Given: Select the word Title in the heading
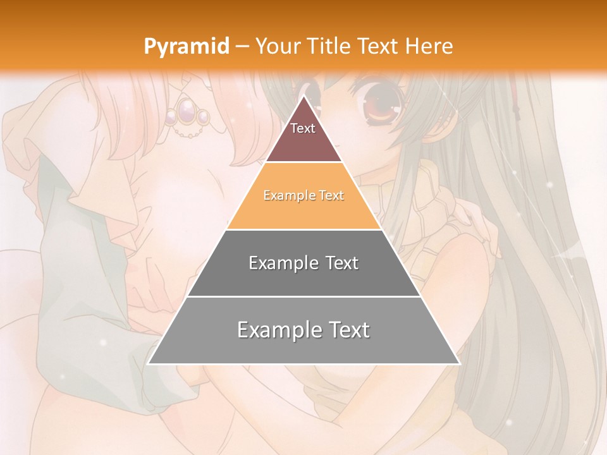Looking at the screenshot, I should tap(331, 46).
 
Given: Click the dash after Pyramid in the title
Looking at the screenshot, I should tap(242, 47).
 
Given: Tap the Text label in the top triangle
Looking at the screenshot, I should tap(303, 128).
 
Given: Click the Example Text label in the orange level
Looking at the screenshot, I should tap(303, 195).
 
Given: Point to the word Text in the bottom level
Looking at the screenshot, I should tap(348, 330).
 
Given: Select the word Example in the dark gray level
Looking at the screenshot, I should tap(283, 263).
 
